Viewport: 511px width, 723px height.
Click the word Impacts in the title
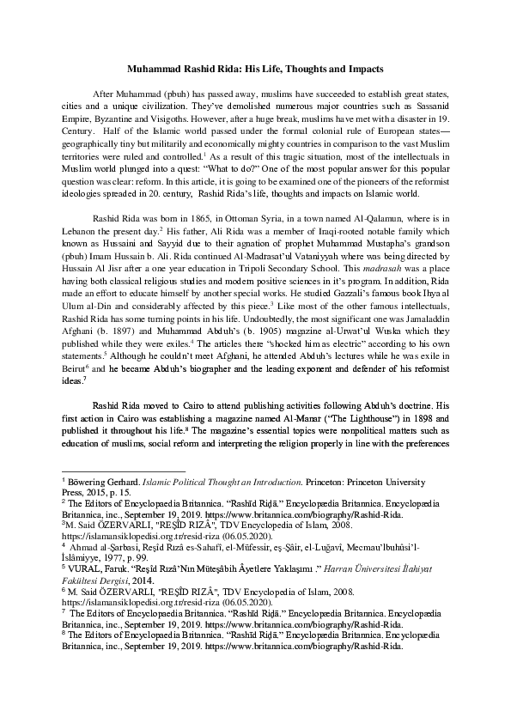coord(362,67)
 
